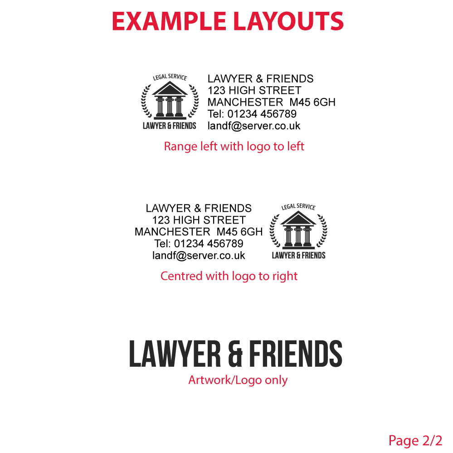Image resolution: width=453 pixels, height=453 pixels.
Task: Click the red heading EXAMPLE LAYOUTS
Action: tap(228, 21)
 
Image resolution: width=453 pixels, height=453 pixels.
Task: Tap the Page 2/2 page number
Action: tap(415, 441)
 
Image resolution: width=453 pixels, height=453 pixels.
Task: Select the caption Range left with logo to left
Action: tap(234, 146)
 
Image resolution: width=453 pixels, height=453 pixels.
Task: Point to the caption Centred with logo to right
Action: tap(229, 276)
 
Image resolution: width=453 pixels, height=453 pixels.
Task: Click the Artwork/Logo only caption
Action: tap(238, 380)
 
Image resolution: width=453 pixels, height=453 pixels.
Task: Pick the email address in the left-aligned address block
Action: tap(254, 126)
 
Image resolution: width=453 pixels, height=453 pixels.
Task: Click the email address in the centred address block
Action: tap(199, 256)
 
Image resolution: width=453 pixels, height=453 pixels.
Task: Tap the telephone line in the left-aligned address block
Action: tap(252, 114)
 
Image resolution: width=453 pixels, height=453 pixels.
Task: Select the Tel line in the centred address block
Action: tap(199, 244)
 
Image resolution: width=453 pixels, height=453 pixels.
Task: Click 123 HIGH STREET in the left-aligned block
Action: tap(254, 90)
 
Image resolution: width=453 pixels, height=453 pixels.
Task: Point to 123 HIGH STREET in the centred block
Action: tap(199, 220)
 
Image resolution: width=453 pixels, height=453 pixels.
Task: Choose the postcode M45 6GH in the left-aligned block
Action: tap(312, 102)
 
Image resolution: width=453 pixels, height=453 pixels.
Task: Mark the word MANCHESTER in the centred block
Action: tap(172, 232)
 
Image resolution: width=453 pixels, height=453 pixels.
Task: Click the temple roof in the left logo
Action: tap(170, 88)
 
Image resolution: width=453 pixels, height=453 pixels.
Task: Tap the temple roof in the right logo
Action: tap(298, 218)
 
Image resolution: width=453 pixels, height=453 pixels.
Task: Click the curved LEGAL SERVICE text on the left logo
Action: tap(170, 77)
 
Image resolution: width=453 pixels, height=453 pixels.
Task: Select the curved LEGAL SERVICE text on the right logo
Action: tap(298, 207)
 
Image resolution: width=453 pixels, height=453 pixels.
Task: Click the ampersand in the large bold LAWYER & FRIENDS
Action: tap(235, 355)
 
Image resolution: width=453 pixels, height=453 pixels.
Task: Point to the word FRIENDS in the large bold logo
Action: tap(296, 354)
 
